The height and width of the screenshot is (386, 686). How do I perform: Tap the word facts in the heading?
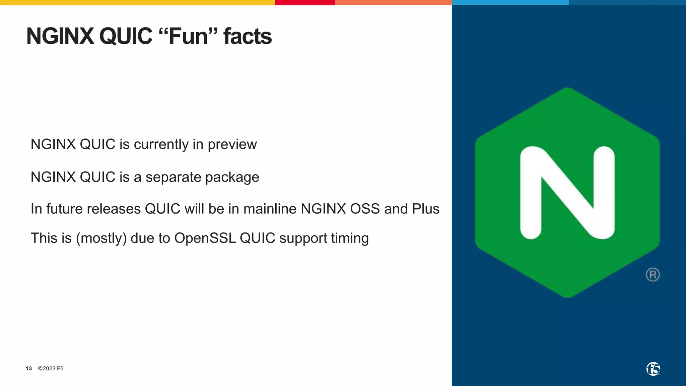click(x=248, y=36)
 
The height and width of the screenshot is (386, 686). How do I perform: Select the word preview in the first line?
click(x=232, y=145)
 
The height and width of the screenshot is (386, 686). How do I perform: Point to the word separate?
click(x=173, y=177)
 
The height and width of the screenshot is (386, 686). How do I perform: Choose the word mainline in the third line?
click(x=270, y=209)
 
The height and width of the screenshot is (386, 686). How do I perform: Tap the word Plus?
click(x=425, y=209)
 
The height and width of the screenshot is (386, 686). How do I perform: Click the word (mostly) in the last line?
click(x=101, y=238)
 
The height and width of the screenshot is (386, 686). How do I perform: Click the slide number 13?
click(x=29, y=369)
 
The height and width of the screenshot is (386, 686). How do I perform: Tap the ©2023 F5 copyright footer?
click(x=51, y=369)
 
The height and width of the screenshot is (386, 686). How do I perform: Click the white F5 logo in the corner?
click(x=653, y=369)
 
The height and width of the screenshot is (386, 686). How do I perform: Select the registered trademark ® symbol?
click(x=653, y=275)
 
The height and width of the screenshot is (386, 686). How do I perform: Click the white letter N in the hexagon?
click(x=567, y=193)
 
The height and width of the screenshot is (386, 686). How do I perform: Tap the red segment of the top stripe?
click(x=305, y=2)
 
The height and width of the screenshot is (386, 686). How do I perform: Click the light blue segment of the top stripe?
click(x=510, y=2)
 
